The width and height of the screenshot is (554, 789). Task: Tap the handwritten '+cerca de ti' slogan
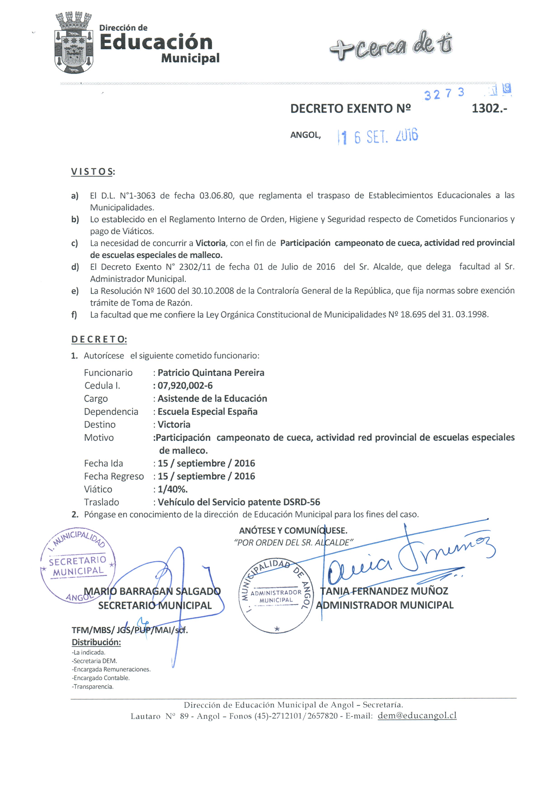pyautogui.click(x=391, y=46)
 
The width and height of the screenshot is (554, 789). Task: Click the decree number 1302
pyautogui.click(x=489, y=109)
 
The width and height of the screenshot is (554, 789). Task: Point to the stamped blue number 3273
pyautogui.click(x=444, y=94)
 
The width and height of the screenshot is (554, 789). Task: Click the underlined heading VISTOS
pyautogui.click(x=92, y=172)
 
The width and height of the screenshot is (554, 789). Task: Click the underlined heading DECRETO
pyautogui.click(x=99, y=339)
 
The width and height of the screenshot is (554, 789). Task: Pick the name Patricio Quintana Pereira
pyautogui.click(x=211, y=373)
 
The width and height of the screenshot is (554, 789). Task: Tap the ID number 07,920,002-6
pyautogui.click(x=185, y=386)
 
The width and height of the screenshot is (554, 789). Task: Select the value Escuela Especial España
pyautogui.click(x=207, y=412)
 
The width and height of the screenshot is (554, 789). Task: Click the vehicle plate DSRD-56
pyautogui.click(x=302, y=502)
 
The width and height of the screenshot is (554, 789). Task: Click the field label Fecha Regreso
pyautogui.click(x=114, y=477)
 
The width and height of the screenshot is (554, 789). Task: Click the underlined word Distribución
pyautogui.click(x=96, y=642)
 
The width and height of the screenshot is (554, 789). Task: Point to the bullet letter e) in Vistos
pyautogui.click(x=75, y=291)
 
